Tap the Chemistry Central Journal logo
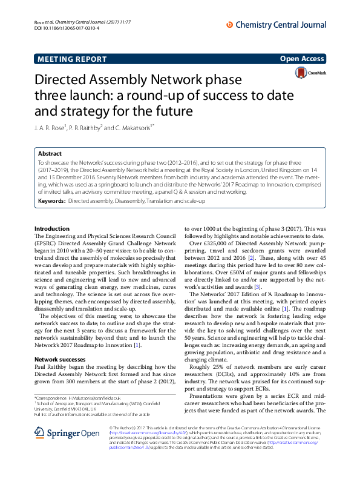[275, 24]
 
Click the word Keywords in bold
[51, 200]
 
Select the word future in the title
[157, 111]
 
